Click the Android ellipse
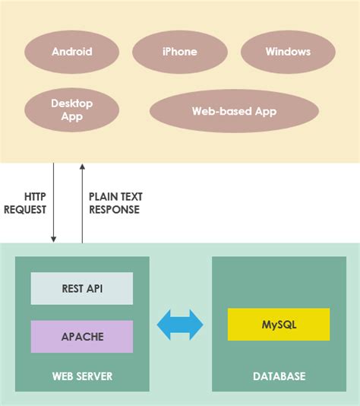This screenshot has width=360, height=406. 72,52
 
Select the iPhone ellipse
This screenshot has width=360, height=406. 180,52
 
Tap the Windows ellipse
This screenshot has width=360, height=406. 288,52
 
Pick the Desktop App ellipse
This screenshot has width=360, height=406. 72,110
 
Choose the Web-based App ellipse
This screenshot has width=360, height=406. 234,111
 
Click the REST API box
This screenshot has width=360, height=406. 82,289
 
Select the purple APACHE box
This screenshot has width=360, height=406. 82,336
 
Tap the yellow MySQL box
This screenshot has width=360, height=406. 279,325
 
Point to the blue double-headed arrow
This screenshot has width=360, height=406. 180,325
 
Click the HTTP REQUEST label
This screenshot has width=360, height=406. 26,203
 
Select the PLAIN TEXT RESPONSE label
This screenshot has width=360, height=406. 115,203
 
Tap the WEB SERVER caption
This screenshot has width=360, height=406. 82,376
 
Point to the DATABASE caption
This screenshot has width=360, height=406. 279,376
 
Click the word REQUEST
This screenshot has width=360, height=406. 26,210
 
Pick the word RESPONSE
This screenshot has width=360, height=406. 114,210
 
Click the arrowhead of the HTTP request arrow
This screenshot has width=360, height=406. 54,239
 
